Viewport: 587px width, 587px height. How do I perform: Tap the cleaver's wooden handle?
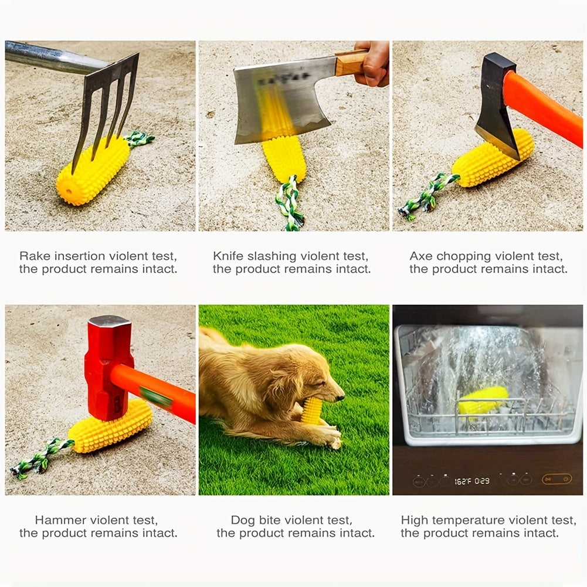[351, 63]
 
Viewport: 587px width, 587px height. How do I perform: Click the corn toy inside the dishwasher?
[482, 399]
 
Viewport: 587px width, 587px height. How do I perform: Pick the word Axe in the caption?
[420, 256]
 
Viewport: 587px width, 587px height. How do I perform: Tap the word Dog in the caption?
[243, 520]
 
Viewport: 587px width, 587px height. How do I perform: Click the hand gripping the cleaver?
[374, 63]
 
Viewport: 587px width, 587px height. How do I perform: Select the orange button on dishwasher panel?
[556, 479]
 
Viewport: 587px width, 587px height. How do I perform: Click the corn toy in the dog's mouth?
[313, 410]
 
